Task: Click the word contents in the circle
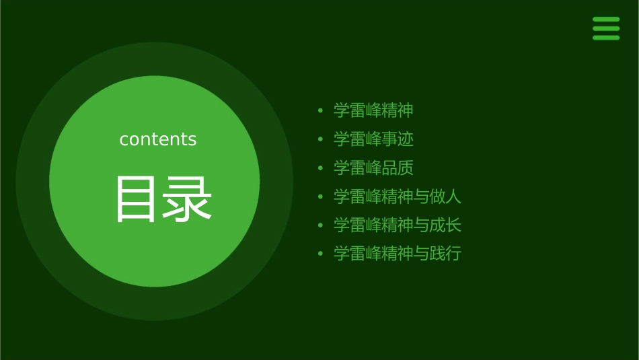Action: [158, 139]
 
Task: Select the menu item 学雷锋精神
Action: [373, 110]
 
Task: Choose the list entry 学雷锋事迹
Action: [373, 139]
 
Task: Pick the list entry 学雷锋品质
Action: [373, 168]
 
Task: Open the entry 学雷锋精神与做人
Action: [398, 196]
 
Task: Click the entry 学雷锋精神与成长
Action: [398, 225]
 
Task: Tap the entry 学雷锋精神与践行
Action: [398, 254]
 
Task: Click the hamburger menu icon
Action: [606, 29]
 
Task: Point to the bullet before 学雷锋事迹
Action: [321, 139]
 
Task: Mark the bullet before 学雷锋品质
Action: [321, 168]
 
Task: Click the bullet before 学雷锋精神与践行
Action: [321, 254]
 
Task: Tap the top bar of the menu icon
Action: [606, 20]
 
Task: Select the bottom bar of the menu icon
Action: [606, 38]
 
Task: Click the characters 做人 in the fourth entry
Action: [445, 196]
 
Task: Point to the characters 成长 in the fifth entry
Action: [445, 225]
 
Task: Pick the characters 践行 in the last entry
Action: [445, 254]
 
